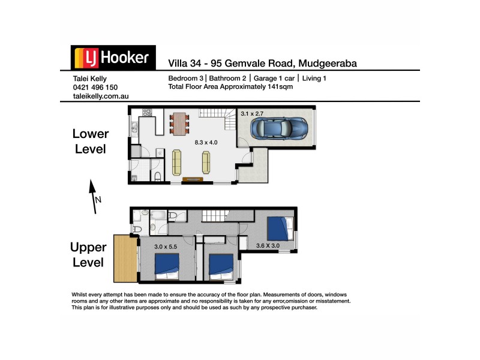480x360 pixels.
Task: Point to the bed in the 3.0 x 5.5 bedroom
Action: [167, 265]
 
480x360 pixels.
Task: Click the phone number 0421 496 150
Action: [95, 87]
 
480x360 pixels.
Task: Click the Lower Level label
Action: [91, 141]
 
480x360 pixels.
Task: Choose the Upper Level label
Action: [88, 254]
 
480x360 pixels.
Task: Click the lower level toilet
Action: [156, 175]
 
